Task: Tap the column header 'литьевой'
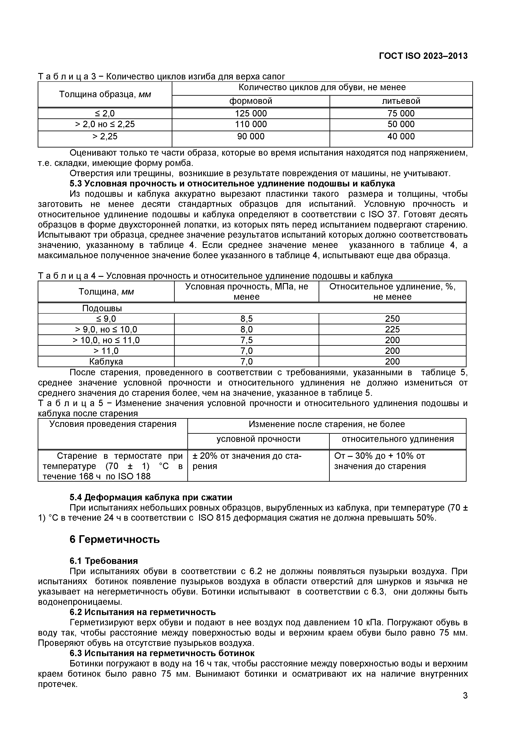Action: pyautogui.click(x=401, y=101)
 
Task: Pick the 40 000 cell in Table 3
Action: pyautogui.click(x=401, y=136)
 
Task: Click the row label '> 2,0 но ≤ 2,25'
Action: pyautogui.click(x=105, y=124)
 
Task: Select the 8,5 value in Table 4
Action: pyautogui.click(x=246, y=319)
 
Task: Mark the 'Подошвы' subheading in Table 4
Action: pyautogui.click(x=102, y=308)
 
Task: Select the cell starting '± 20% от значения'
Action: pyautogui.click(x=247, y=456)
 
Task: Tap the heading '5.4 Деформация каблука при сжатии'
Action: pyautogui.click(x=151, y=498)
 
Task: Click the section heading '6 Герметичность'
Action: pyautogui.click(x=115, y=539)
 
